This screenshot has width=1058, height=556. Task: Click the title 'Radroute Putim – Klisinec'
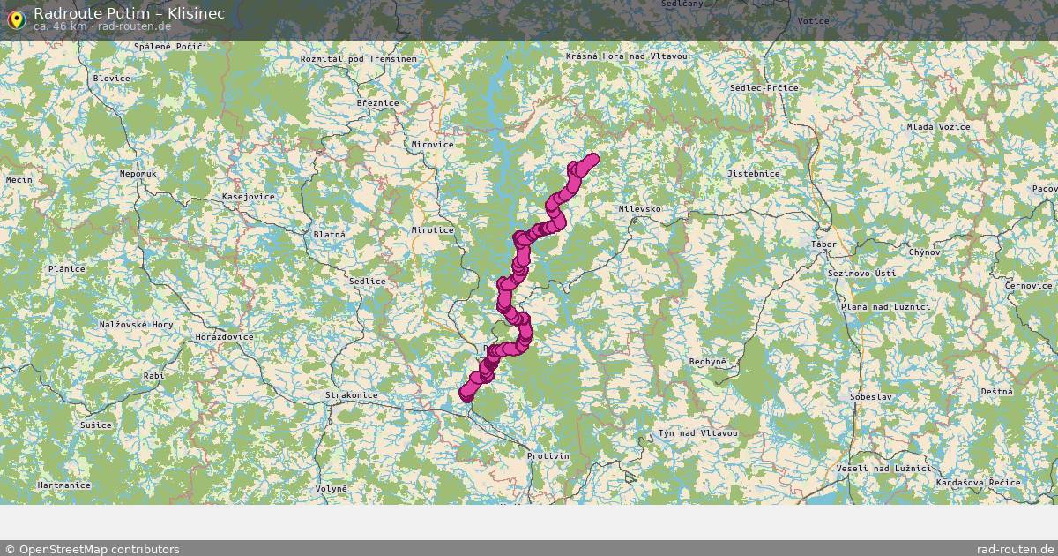click(x=129, y=13)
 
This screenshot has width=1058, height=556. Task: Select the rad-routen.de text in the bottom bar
click(x=1016, y=549)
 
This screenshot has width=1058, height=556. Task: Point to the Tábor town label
click(x=823, y=244)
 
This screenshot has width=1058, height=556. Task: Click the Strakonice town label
click(x=351, y=395)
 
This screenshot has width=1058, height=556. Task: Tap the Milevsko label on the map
click(x=639, y=209)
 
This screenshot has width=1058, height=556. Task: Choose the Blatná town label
click(x=329, y=235)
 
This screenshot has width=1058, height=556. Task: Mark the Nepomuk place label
click(x=138, y=174)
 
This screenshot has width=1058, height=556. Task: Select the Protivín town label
click(x=548, y=456)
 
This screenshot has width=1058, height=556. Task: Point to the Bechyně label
click(x=708, y=362)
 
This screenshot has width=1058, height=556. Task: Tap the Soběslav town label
click(x=871, y=397)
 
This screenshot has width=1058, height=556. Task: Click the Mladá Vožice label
click(x=938, y=127)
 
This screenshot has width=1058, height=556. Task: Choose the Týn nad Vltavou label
click(x=697, y=433)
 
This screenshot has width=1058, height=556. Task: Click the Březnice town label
click(x=377, y=103)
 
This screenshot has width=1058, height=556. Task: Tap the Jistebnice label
click(x=753, y=174)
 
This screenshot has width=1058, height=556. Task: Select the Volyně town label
click(x=332, y=488)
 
